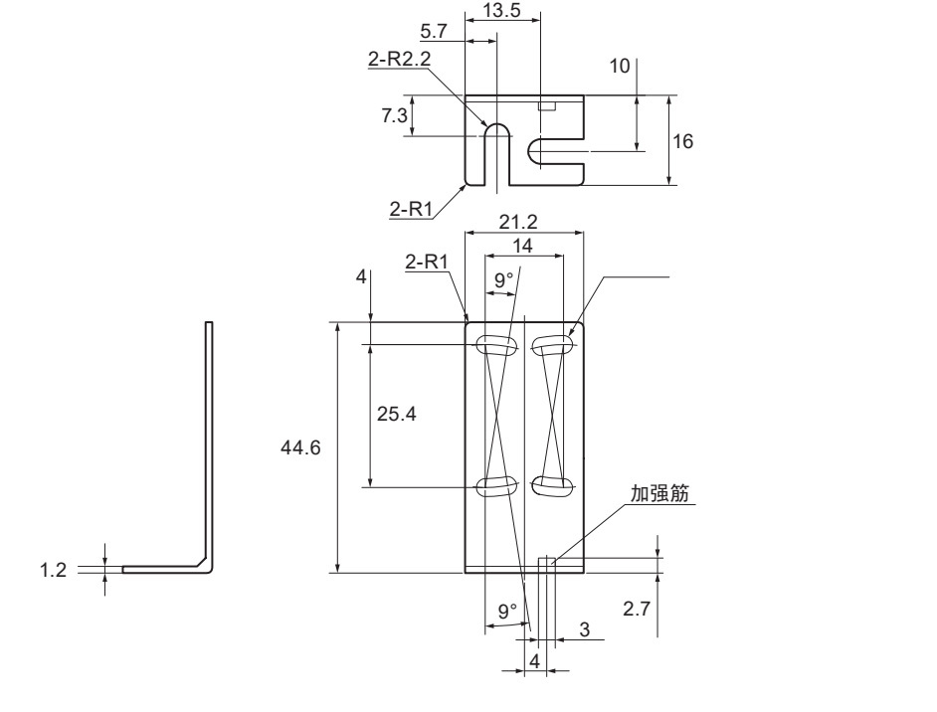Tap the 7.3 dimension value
[394, 116]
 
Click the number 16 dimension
[682, 141]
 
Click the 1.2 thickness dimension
[62, 571]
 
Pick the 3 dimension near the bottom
[585, 629]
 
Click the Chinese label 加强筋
[660, 493]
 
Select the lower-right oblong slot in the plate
[550, 485]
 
